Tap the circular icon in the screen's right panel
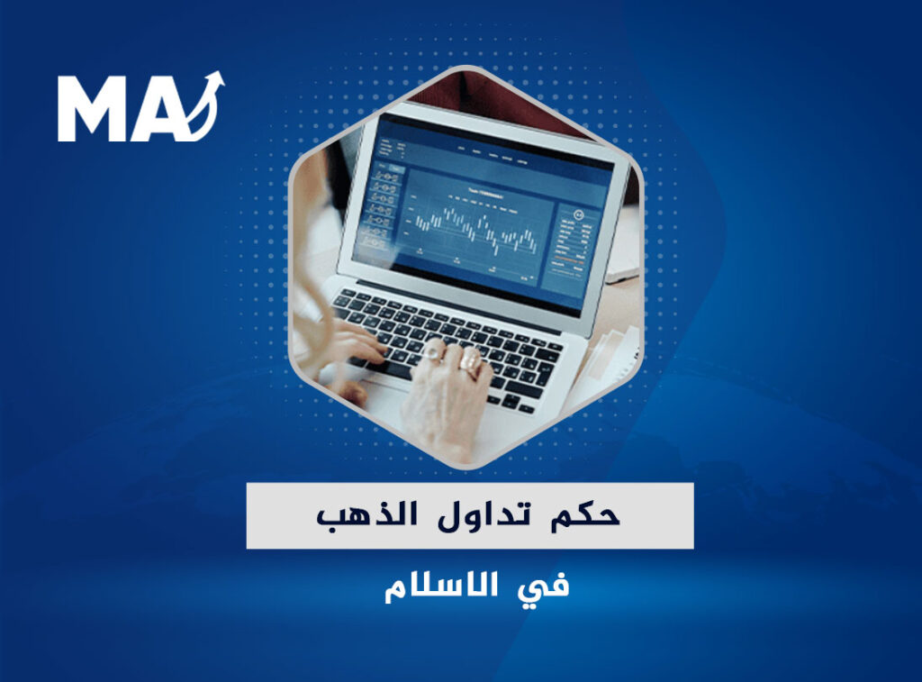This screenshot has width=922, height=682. coord(579,214)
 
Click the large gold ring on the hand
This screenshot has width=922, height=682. coord(470,361)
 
